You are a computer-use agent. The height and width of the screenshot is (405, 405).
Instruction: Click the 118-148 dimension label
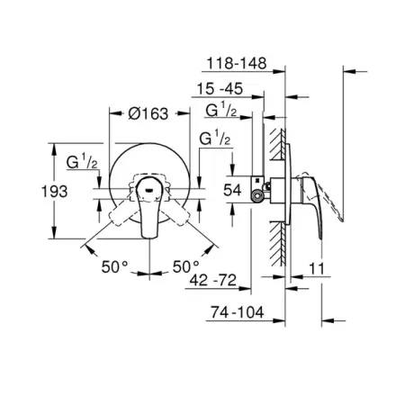pyautogui.click(x=237, y=63)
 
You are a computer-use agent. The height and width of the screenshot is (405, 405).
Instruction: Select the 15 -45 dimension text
pyautogui.click(x=220, y=89)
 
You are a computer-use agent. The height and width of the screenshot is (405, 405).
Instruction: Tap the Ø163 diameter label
pyautogui.click(x=148, y=113)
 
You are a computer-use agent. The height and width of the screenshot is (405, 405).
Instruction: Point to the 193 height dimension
pyautogui.click(x=54, y=192)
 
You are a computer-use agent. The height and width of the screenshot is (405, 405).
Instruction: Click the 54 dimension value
pyautogui.click(x=232, y=190)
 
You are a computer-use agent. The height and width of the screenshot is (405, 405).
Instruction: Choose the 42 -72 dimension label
pyautogui.click(x=213, y=281)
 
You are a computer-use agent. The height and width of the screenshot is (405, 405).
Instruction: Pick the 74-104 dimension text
pyautogui.click(x=237, y=312)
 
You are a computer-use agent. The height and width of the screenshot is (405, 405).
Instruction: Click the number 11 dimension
pyautogui.click(x=317, y=268)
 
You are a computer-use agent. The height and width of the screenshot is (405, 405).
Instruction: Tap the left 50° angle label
pyautogui.click(x=114, y=266)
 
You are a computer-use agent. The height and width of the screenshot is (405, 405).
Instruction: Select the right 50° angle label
pyautogui.click(x=186, y=266)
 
